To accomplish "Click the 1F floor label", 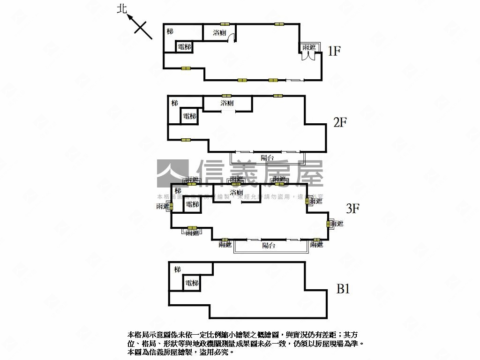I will click(x=333, y=51).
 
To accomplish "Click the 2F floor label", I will click(x=340, y=123).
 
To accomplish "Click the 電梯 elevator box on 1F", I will click(x=185, y=47).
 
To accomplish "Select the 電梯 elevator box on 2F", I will click(x=189, y=116).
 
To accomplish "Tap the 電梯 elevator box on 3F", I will click(x=192, y=205).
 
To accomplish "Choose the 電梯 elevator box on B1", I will click(x=192, y=283).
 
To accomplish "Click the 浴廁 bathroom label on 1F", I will click(x=220, y=33).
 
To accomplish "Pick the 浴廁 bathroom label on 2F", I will click(x=227, y=103).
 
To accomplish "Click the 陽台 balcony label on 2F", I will click(x=267, y=158).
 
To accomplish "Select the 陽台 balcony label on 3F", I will click(x=269, y=245).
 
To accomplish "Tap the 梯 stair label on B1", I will click(x=177, y=270).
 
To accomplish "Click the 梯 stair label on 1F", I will click(x=170, y=31).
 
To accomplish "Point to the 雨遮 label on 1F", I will click(x=309, y=47).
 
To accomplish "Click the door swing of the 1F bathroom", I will click(x=231, y=40).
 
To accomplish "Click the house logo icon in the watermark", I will click(x=172, y=173).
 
